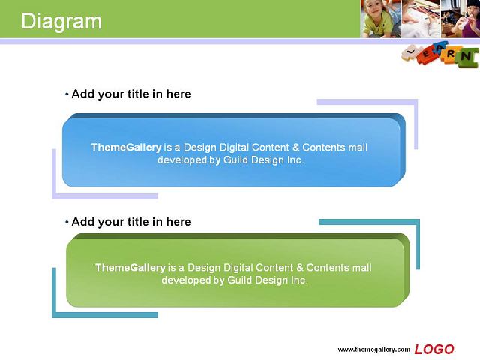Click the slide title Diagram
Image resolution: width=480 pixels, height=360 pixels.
61,22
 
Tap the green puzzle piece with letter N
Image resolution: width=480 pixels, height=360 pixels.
466,57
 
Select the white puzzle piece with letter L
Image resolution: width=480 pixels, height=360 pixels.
410,52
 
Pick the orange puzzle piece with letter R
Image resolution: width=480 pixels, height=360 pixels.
450,54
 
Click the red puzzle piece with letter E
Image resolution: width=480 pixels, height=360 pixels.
427,54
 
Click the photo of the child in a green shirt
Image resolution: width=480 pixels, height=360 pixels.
380,19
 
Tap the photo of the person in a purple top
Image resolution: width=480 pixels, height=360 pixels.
460,19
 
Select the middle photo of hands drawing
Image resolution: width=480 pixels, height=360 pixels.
421,19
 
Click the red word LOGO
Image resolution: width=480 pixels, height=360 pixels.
434,349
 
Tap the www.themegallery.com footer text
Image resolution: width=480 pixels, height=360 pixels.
373,349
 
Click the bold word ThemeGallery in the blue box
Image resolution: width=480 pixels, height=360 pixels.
126,148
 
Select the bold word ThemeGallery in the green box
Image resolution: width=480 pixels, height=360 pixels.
130,268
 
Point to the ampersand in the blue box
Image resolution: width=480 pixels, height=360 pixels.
295,148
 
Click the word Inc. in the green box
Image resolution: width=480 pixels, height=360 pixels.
299,280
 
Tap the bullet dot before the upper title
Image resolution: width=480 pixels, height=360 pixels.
67,94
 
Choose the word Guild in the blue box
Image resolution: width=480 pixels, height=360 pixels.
235,160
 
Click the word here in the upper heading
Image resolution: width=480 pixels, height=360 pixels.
178,94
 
